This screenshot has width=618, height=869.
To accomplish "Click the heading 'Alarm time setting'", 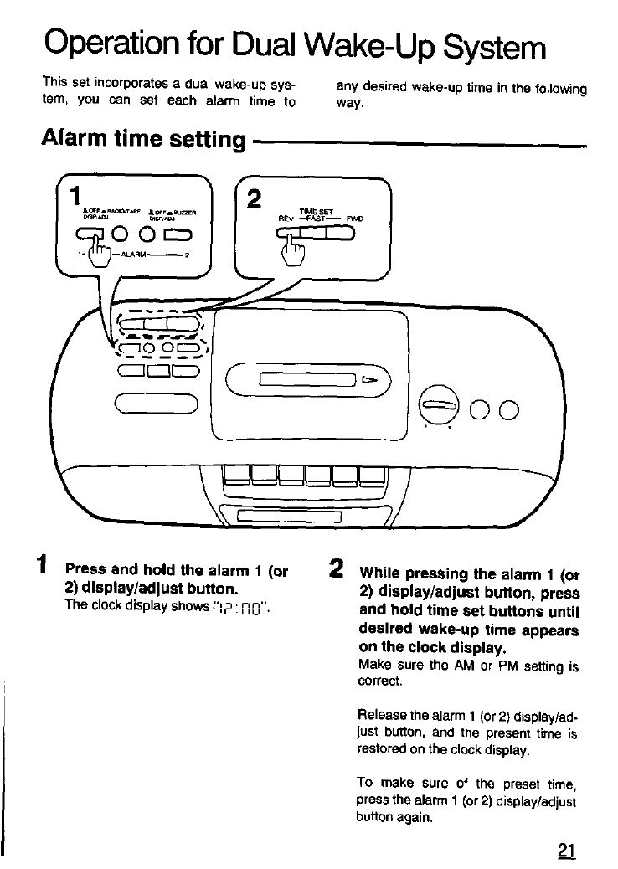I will click(142, 139).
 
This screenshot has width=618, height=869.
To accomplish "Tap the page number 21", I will click(566, 851).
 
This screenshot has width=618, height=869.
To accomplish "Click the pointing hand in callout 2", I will click(291, 248).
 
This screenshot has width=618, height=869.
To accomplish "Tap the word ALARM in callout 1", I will click(134, 253).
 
